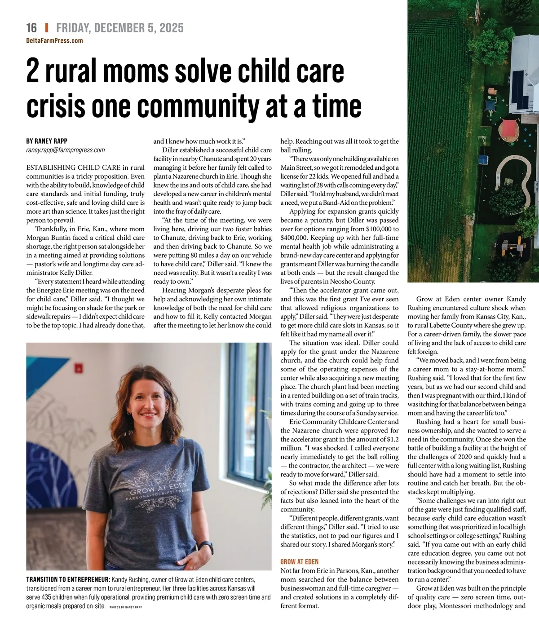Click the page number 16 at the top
31,28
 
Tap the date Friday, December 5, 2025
120,28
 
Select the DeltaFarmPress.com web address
54,40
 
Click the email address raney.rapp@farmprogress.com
66,150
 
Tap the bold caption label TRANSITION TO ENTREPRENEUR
68,579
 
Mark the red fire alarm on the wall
79,368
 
